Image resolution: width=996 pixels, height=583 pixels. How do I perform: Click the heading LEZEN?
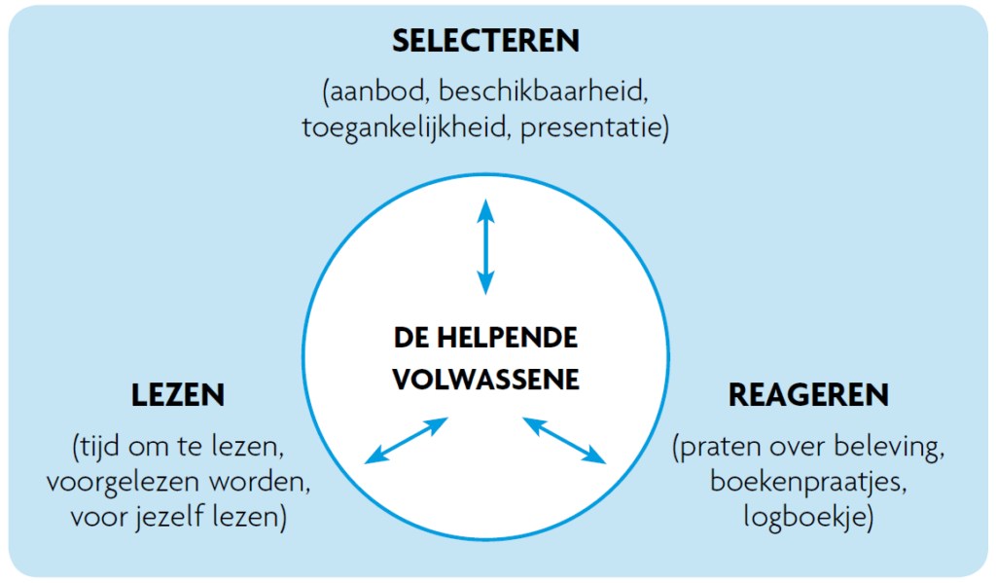click(x=178, y=395)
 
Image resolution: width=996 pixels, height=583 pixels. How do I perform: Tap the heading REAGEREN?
click(x=808, y=395)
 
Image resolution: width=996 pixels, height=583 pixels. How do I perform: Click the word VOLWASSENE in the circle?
click(x=485, y=378)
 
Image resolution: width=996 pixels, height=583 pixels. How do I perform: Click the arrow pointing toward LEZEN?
click(x=406, y=440)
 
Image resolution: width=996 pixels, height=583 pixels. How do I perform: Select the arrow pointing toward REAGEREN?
click(x=564, y=440)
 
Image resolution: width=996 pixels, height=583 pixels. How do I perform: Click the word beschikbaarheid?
click(x=543, y=93)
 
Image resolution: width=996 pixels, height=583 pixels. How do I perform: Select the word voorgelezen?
click(x=139, y=483)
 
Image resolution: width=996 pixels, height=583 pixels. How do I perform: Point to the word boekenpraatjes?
click(x=807, y=483)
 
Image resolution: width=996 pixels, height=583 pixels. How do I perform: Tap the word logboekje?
click(x=807, y=518)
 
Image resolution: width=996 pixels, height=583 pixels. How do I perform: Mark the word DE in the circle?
click(x=409, y=338)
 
